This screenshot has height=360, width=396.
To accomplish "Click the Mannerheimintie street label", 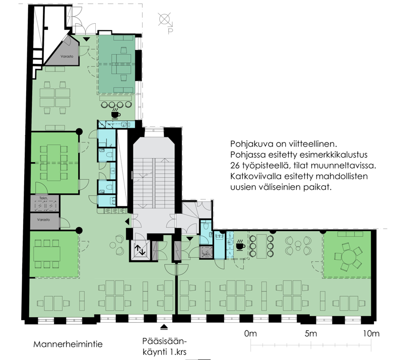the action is pyautogui.click(x=68, y=344).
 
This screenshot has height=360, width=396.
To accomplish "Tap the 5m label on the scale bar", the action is pyautogui.click(x=311, y=333).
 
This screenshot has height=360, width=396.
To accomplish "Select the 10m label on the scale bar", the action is pyautogui.click(x=371, y=333).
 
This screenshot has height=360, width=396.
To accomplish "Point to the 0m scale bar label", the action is pyautogui.click(x=250, y=333).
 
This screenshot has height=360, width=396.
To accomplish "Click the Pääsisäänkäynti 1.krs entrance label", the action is pyautogui.click(x=164, y=346).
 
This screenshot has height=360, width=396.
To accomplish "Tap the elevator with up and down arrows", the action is pyautogui.click(x=140, y=250).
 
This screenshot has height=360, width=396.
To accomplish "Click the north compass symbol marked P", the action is pyautogui.click(x=165, y=22).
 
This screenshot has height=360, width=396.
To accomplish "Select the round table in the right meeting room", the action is pyautogui.click(x=349, y=257).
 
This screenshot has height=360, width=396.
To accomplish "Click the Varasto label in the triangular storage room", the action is pyautogui.click(x=67, y=56).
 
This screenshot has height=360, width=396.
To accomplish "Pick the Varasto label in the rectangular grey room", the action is pyautogui.click(x=43, y=220).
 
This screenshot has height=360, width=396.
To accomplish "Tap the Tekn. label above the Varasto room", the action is pyautogui.click(x=43, y=198).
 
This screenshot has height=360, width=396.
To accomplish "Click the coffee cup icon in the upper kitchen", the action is pyautogui.click(x=115, y=114).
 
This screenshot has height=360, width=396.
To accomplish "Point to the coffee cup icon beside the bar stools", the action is pyautogui.click(x=240, y=245).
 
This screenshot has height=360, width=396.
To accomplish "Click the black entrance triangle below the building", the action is pyautogui.click(x=164, y=327).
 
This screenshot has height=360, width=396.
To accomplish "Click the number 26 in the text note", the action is pyautogui.click(x=235, y=166).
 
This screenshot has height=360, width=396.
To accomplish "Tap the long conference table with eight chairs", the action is pyautogui.click(x=54, y=163).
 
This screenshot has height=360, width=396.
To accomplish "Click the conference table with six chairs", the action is pyautogui.click(x=47, y=254).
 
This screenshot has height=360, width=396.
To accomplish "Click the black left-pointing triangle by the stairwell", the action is pyautogui.click(x=127, y=222).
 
